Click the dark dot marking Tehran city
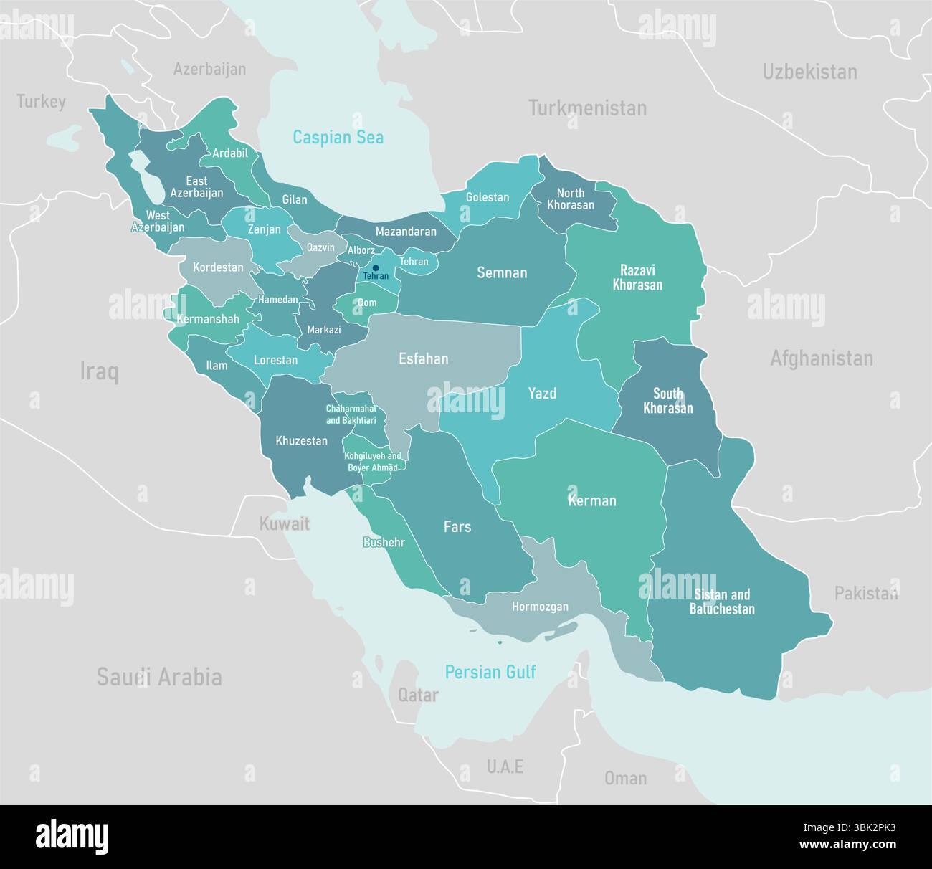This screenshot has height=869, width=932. click(x=376, y=268)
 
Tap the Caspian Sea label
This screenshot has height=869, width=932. click(x=338, y=137)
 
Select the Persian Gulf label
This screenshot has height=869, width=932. click(x=490, y=672)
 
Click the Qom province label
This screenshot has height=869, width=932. click(x=367, y=303)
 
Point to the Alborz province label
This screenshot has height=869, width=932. click(x=361, y=250)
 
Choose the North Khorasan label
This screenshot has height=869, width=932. click(x=571, y=199)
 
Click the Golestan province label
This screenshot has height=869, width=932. click(x=488, y=197)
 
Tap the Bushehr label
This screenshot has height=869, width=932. click(x=384, y=542)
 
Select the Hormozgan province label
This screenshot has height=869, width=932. click(x=540, y=607)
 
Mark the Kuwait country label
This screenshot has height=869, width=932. click(x=284, y=523)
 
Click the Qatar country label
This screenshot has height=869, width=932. click(x=418, y=695)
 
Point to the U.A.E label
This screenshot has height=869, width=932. click(x=505, y=766)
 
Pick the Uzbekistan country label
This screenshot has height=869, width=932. click(x=809, y=72)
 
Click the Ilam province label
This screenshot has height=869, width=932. click(x=217, y=366)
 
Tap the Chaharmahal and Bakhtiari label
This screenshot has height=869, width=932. click(x=351, y=414)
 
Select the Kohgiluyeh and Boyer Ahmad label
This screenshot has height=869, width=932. click(x=372, y=462)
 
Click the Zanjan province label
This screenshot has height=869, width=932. click(x=265, y=229)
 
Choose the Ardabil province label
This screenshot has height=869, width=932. click(x=230, y=153)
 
